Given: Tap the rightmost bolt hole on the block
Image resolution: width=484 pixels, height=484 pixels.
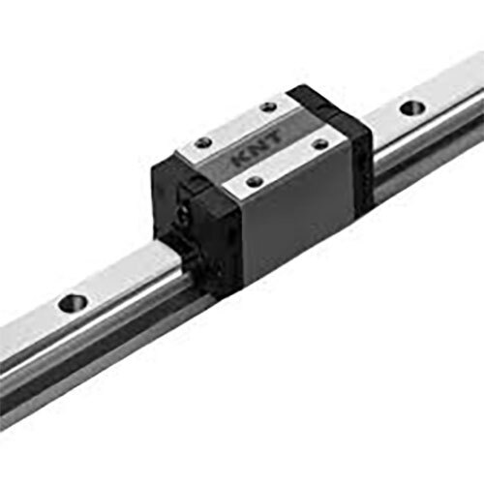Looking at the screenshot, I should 319,145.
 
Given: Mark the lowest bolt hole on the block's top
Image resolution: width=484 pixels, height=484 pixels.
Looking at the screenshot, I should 255,181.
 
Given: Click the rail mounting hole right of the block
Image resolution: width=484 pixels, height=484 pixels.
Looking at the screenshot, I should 411,106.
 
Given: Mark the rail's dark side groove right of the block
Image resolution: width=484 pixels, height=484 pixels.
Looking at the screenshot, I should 426,155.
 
